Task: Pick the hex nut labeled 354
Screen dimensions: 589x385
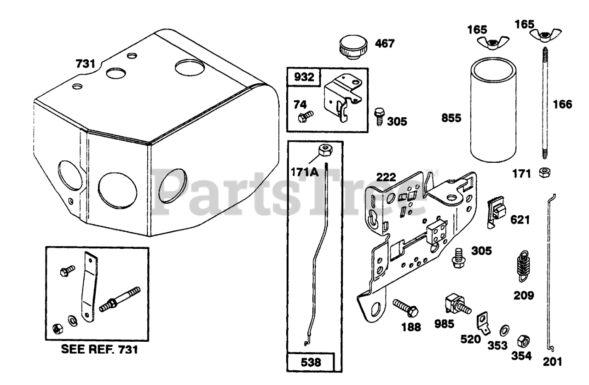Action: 524,341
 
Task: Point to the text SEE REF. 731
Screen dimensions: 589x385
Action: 99,350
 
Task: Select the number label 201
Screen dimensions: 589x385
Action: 552,362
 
